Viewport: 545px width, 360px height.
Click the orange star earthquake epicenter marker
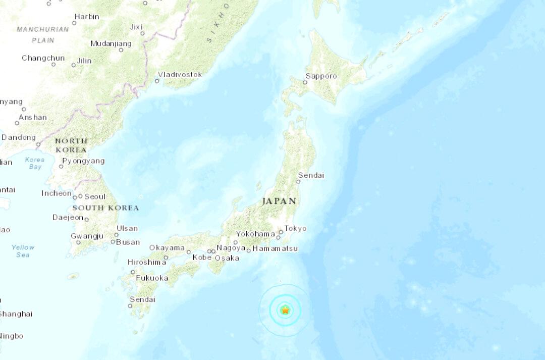[285, 310]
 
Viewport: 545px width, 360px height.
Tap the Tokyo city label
[295, 229]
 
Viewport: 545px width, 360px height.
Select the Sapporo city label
[323, 76]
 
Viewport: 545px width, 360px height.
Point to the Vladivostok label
[180, 75]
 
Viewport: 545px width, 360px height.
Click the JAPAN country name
[279, 201]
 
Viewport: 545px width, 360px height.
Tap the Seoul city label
[95, 196]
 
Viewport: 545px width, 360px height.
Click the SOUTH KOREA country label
[105, 208]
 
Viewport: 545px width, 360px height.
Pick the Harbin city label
[86, 17]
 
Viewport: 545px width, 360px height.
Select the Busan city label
[128, 242]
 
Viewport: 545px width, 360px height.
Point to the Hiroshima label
[147, 262]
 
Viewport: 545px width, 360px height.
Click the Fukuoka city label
[152, 278]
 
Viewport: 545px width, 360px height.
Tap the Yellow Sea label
[23, 251]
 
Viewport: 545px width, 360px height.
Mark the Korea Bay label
[35, 163]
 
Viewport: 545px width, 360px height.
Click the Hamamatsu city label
[275, 249]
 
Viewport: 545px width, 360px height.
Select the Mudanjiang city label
[111, 43]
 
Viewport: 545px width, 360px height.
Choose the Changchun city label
[43, 58]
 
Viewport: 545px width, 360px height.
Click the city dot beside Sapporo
[305, 82]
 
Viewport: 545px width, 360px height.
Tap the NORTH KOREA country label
[71, 145]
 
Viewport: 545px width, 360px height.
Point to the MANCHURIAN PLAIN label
[43, 34]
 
